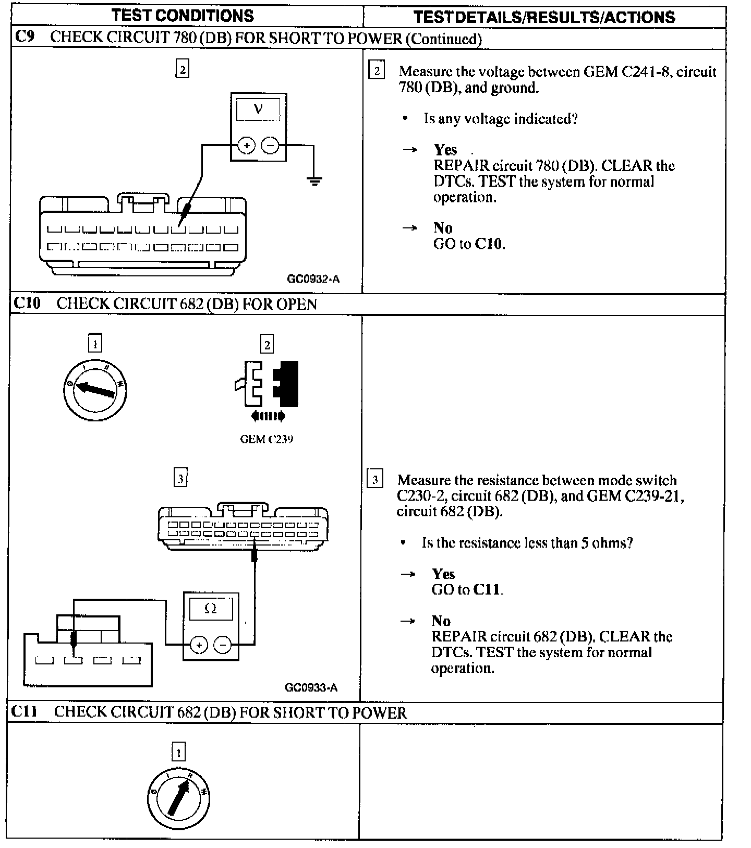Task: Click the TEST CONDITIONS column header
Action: pyautogui.click(x=183, y=16)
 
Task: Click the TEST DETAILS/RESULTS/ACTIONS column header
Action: pyautogui.click(x=544, y=17)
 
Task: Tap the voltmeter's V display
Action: pyautogui.click(x=258, y=110)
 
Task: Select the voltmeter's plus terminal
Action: pyautogui.click(x=246, y=146)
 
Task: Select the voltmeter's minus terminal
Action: pyautogui.click(x=270, y=146)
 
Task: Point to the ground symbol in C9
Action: pyautogui.click(x=314, y=181)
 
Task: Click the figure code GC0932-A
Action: pyautogui.click(x=313, y=278)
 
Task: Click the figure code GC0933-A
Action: pyautogui.click(x=311, y=687)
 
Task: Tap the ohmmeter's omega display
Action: pyautogui.click(x=211, y=609)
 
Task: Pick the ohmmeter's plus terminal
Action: pyautogui.click(x=199, y=645)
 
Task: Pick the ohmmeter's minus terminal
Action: pyautogui.click(x=223, y=645)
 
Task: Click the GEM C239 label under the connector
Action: pyautogui.click(x=266, y=439)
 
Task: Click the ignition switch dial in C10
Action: pyautogui.click(x=95, y=389)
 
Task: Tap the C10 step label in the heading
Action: pyautogui.click(x=27, y=303)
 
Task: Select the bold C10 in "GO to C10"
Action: pyautogui.click(x=489, y=244)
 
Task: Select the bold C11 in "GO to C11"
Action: pyautogui.click(x=487, y=589)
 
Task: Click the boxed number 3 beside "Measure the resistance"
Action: pyautogui.click(x=374, y=479)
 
